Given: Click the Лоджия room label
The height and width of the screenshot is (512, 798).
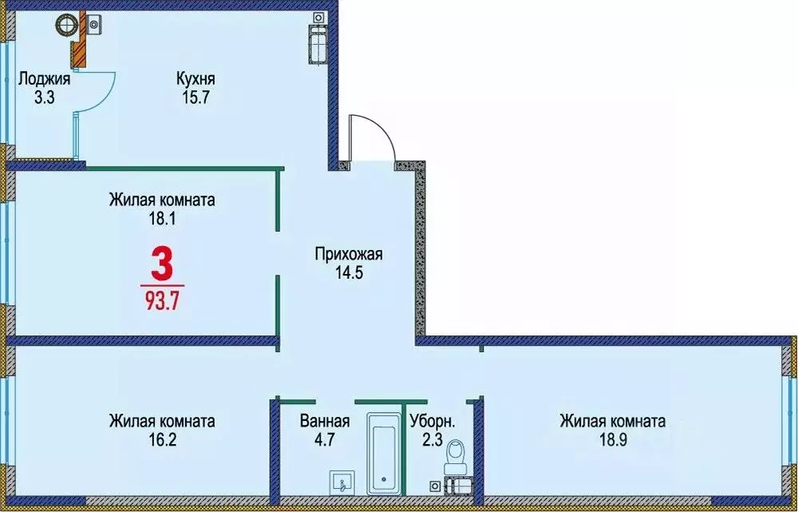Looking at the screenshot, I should point(45,79).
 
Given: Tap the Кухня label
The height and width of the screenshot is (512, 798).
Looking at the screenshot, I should point(196,79).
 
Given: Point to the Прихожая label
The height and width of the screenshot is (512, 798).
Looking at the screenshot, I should point(350,255).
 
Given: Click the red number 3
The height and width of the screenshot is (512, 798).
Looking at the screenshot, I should point(161,264).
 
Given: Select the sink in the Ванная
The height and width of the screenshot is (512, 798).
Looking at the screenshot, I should point(342,482).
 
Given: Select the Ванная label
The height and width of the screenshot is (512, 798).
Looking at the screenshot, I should point(325,421).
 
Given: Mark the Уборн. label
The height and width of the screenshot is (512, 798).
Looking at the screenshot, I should point(433,421).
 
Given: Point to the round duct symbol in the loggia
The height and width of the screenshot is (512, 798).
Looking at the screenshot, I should point(65,26).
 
